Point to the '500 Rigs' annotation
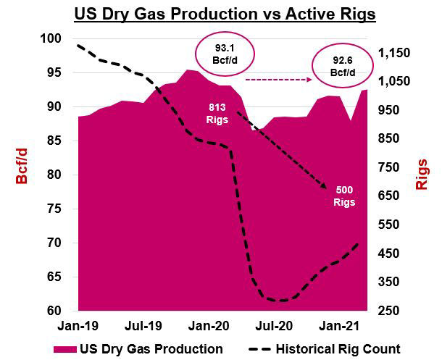[344, 196]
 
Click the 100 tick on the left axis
[55, 38]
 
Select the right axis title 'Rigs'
[422, 174]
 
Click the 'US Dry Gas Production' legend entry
[138, 349]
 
